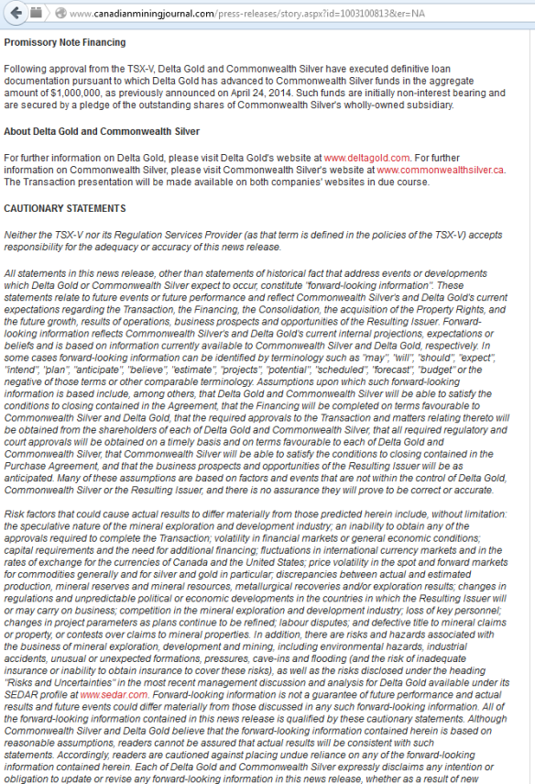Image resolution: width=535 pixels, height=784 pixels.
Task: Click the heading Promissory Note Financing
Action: click(65, 42)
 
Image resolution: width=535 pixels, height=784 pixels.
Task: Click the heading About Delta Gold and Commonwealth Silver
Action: click(102, 132)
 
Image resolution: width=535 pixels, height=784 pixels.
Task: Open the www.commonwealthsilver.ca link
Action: click(441, 170)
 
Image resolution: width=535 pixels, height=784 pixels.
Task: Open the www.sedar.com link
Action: click(104, 695)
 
